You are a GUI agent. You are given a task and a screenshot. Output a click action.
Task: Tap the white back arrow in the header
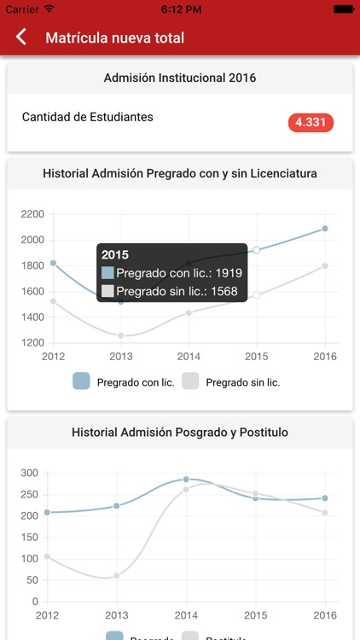[x=21, y=38]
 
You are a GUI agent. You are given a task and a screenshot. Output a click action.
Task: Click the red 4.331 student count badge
[x=311, y=122]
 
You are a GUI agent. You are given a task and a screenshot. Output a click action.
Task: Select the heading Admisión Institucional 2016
[x=180, y=78]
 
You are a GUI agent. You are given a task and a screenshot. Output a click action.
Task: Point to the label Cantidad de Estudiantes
[x=88, y=117]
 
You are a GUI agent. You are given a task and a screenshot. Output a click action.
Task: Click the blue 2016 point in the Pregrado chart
[x=325, y=229]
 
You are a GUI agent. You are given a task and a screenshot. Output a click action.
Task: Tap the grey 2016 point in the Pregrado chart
[x=325, y=266]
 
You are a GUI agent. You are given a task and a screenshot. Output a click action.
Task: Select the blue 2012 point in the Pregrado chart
[x=53, y=263]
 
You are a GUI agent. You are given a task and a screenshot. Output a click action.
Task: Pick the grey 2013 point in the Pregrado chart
[x=121, y=335]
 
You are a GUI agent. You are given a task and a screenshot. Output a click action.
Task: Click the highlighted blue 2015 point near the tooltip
[x=256, y=250]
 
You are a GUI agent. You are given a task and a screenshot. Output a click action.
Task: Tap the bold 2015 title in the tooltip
[x=115, y=254]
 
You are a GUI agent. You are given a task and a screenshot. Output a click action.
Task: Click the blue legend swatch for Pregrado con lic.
[x=82, y=381]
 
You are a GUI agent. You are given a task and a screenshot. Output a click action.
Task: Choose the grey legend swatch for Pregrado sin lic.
[x=190, y=381]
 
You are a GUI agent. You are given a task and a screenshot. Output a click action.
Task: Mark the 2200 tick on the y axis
[x=32, y=214]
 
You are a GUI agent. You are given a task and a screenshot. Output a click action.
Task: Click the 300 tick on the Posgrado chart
[x=30, y=473]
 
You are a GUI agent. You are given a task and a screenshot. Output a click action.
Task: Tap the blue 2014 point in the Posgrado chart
[x=187, y=480]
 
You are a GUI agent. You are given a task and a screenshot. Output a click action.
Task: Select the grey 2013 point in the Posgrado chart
[x=118, y=576]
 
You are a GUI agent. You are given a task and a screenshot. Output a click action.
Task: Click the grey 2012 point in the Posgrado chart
[x=48, y=556]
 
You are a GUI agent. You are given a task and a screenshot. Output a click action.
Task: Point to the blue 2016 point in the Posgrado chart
[x=325, y=498]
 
